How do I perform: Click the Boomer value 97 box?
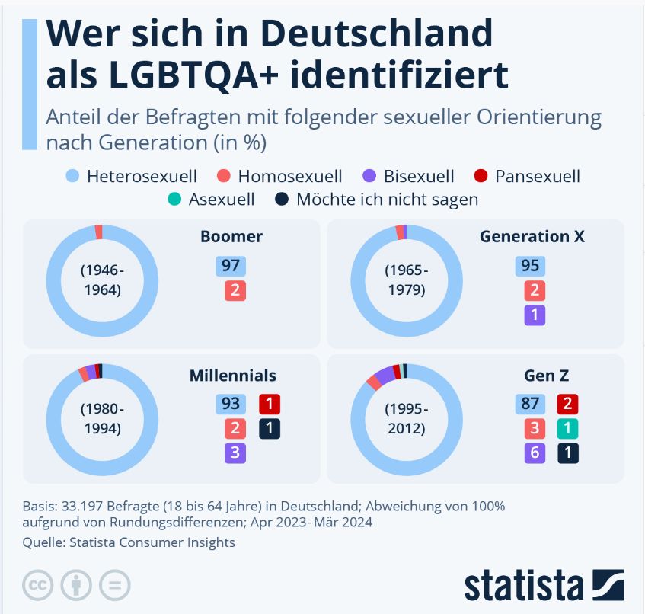231,266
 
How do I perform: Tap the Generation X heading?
532,237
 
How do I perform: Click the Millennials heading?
232,376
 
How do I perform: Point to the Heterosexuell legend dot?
73,176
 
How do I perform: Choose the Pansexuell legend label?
537,176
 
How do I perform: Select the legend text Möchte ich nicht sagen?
387,200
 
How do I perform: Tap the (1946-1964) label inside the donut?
102,280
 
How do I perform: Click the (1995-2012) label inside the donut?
406,418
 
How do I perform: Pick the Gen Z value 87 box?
534,404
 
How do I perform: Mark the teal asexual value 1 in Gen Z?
568,429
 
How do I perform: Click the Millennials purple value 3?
235,453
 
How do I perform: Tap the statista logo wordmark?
524,585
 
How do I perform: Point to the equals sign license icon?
115,585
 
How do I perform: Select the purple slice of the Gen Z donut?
385,374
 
